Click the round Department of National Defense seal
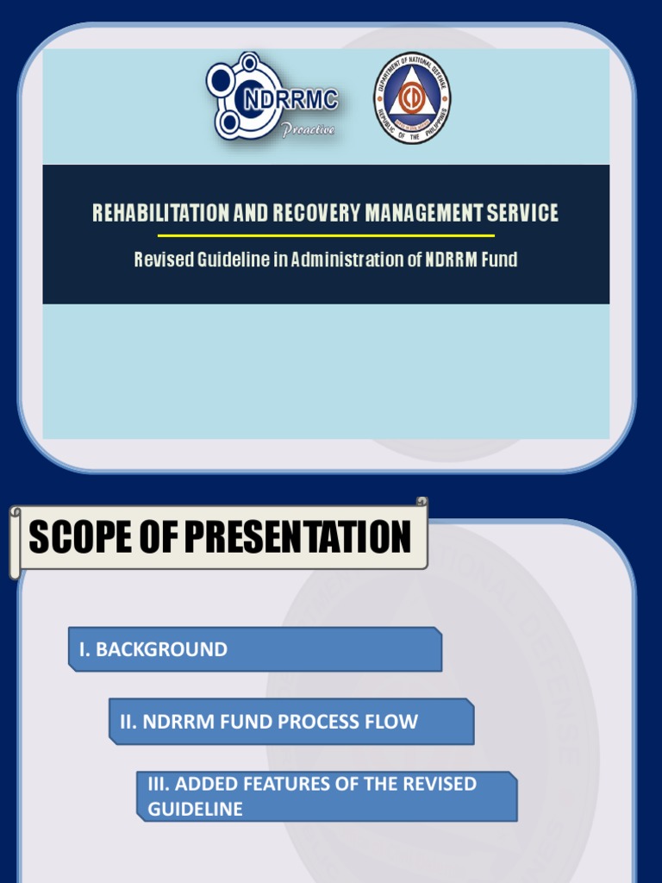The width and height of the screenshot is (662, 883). click(x=411, y=98)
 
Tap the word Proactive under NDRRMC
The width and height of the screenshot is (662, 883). click(x=309, y=130)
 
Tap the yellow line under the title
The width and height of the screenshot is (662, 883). click(x=326, y=235)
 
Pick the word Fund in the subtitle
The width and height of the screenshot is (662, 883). click(x=499, y=260)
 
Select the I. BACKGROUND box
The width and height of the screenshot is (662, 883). click(x=255, y=649)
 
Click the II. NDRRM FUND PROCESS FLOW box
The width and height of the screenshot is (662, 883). click(x=291, y=722)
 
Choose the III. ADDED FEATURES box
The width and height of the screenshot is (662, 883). click(x=327, y=796)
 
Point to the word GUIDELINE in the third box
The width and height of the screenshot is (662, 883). click(x=195, y=809)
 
